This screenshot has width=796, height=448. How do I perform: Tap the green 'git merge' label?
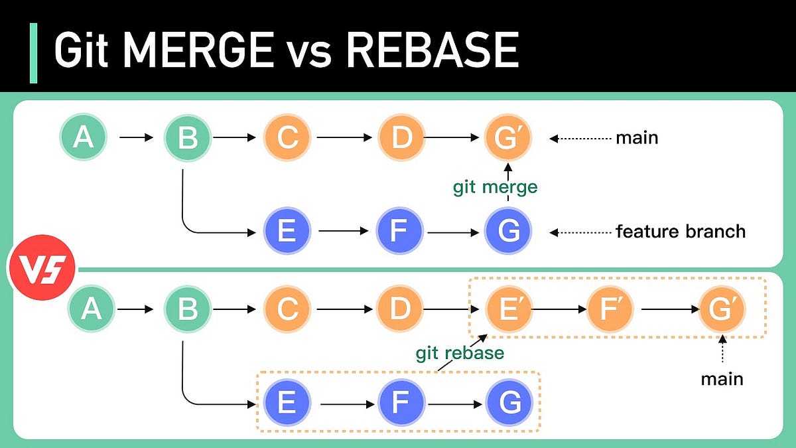495,187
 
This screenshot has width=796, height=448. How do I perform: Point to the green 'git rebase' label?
460,352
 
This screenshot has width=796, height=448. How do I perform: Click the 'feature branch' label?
681,232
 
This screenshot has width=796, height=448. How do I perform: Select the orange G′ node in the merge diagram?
507,138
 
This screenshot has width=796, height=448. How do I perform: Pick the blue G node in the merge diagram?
507,232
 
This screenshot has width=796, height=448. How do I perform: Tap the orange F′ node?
610,309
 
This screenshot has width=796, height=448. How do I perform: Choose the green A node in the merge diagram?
84,138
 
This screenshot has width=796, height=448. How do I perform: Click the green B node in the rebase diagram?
188,309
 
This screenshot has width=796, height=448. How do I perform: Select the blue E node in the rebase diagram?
287,403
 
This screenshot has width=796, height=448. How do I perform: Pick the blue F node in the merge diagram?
399,232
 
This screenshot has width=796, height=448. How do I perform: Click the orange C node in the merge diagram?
287,138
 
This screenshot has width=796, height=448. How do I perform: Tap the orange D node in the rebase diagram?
399,309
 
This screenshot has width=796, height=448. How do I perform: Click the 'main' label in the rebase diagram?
722,379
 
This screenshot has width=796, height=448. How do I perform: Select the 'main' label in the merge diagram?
637,138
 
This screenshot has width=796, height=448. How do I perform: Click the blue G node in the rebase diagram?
508,403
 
